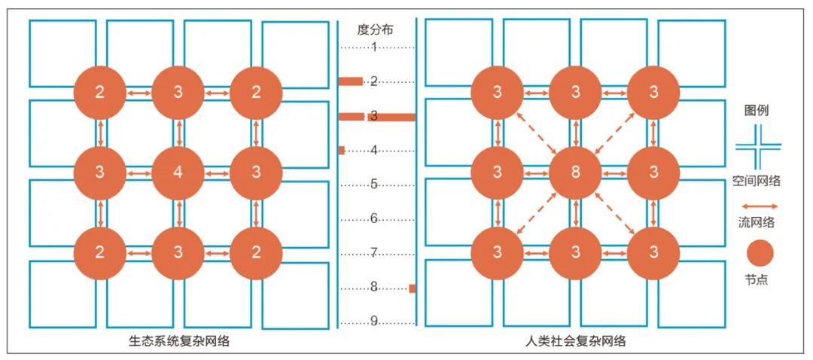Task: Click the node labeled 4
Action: pos(178,172)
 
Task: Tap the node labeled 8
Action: pos(575,172)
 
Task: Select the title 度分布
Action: pos(376,30)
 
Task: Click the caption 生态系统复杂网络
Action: pos(178,341)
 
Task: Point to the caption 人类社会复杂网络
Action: pos(576,341)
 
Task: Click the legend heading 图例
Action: pos(755,110)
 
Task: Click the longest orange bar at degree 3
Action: pos(376,117)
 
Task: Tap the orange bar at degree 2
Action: pos(351,81)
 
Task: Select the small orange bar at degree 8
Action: pos(412,288)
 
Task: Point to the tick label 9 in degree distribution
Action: pos(374,322)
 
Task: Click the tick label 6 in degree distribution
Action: pos(374,219)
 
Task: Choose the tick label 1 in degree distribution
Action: pos(374,47)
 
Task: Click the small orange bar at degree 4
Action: pos(342,151)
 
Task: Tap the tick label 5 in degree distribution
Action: pos(374,185)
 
